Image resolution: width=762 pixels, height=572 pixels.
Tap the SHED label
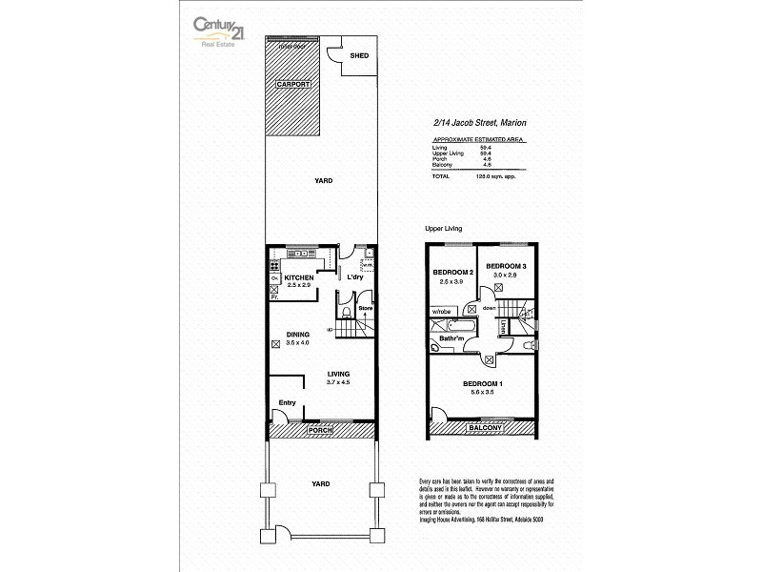359,54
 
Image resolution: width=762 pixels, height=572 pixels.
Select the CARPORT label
294,85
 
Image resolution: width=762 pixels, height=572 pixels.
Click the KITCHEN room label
286,277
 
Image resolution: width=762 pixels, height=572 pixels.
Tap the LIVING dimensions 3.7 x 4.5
339,382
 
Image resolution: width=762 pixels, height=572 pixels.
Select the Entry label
286,403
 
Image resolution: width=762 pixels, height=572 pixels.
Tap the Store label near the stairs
364,310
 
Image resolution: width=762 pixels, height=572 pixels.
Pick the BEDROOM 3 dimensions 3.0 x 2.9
506,275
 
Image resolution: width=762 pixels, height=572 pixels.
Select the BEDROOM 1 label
483,384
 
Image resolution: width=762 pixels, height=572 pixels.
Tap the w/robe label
442,312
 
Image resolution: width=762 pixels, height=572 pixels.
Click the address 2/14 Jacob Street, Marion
480,123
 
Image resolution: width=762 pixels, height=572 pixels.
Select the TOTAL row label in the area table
440,176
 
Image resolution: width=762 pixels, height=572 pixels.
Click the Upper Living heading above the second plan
443,229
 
